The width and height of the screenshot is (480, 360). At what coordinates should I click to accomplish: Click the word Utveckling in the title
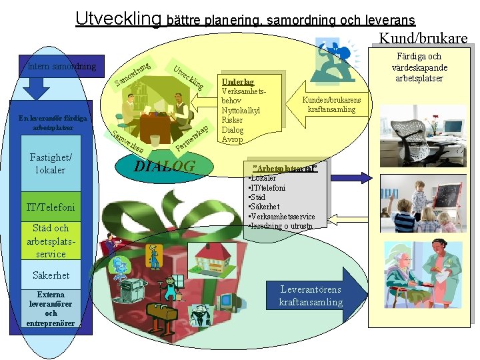(x=118, y=18)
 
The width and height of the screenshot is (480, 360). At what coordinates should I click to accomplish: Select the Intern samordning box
(x=62, y=66)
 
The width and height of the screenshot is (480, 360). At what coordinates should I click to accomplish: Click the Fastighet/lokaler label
(x=51, y=163)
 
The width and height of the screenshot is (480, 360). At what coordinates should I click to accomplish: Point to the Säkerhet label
(x=51, y=275)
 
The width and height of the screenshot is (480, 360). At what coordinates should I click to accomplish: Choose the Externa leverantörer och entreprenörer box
(x=51, y=309)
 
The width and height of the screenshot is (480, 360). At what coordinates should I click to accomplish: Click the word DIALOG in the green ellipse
(x=165, y=166)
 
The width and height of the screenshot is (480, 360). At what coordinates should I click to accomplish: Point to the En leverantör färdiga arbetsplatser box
(x=51, y=123)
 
